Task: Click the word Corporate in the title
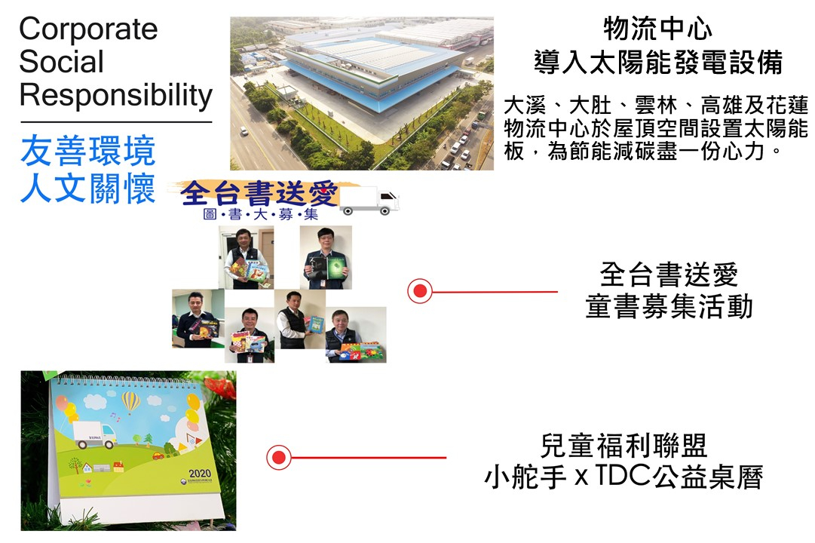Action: [88, 29]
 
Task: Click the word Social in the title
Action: [61, 61]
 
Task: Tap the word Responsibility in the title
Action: [116, 95]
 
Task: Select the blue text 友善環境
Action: [88, 151]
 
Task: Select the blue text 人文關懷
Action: [88, 188]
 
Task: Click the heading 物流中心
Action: [657, 29]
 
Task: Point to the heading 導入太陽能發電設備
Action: [658, 63]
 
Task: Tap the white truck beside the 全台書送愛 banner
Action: [369, 201]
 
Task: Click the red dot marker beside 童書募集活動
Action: [420, 291]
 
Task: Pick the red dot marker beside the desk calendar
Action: [279, 457]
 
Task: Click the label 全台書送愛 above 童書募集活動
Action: [669, 275]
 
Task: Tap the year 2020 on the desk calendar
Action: [200, 474]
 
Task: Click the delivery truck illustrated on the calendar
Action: [96, 435]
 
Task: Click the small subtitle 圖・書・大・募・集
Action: [260, 214]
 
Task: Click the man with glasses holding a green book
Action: [326, 257]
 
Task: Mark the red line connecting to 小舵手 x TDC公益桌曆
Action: [369, 458]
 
